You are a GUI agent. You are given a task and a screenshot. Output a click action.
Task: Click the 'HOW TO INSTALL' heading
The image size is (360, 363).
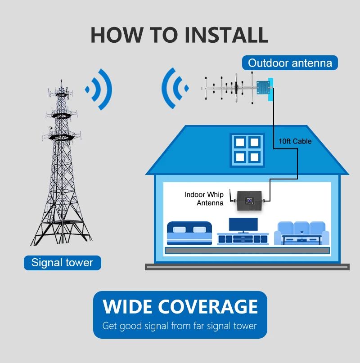(x=179, y=35)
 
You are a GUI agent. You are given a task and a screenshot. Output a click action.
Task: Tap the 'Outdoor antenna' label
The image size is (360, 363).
(x=290, y=63)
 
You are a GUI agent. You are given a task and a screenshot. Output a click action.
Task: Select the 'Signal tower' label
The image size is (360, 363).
(x=62, y=263)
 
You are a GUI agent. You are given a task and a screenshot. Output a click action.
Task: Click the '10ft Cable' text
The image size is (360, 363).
(x=295, y=141)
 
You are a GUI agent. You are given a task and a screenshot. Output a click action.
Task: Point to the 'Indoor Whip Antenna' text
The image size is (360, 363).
(x=204, y=199)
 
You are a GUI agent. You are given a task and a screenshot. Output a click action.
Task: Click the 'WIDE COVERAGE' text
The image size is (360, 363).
(x=180, y=307)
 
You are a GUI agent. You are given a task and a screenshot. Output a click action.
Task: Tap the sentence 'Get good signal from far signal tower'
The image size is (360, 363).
(x=180, y=326)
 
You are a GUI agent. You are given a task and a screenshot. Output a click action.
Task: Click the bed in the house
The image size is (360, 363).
(x=189, y=233)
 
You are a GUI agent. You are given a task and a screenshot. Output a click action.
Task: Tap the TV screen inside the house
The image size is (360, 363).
(x=243, y=225)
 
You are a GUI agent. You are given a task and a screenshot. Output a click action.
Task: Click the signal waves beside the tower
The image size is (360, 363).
(x=99, y=89)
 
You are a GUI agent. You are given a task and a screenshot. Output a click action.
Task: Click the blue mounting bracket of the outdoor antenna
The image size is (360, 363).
(x=261, y=88)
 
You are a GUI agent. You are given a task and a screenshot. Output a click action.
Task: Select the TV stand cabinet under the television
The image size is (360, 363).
(x=243, y=238)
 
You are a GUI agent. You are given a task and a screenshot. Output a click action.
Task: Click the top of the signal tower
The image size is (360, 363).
(x=59, y=85)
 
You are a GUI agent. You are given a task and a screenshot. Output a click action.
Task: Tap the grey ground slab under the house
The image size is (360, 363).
(x=247, y=267)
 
